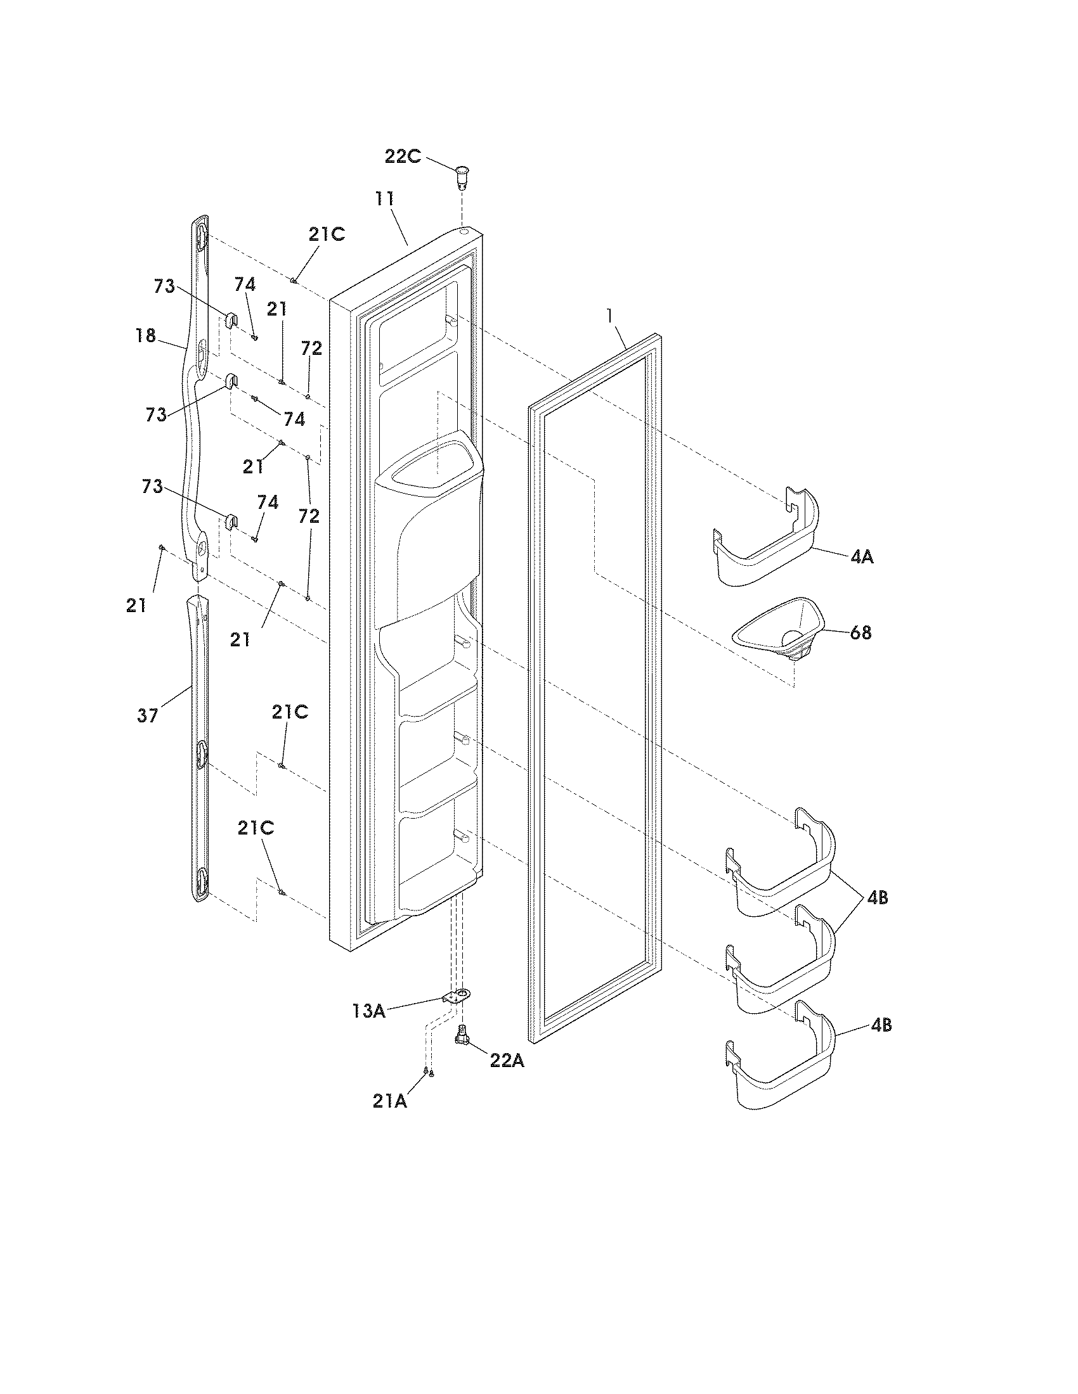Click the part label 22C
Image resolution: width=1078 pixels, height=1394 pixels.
point(402,157)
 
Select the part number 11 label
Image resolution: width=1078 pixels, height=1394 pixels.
point(384,198)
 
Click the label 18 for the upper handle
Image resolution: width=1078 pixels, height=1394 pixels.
point(146,335)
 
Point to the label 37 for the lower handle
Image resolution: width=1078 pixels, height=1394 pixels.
point(148,715)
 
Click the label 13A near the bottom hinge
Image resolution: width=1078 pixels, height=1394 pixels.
point(368,1011)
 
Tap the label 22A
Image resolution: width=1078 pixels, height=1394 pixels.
point(507,1060)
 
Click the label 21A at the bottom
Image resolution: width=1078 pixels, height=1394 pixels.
point(389,1101)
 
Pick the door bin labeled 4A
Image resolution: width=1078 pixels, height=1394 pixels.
point(767,549)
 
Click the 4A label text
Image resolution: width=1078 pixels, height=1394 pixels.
point(862,556)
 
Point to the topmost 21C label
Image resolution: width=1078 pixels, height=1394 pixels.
point(327,234)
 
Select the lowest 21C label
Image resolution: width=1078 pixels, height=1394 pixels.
point(256,828)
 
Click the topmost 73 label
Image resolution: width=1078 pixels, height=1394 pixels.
point(164,286)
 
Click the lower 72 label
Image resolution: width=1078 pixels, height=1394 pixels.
point(309,516)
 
